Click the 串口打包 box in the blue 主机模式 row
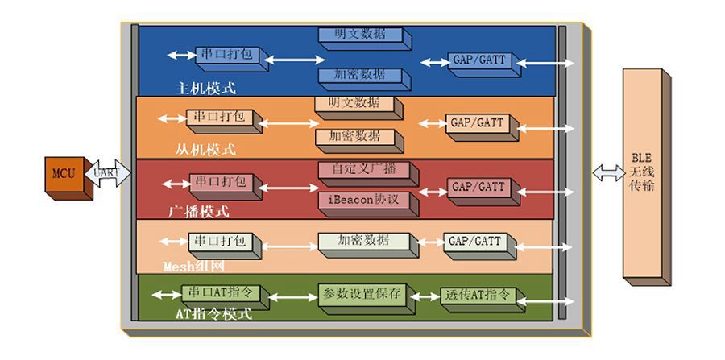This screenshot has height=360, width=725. click(x=226, y=55)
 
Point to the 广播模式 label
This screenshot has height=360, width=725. click(x=199, y=213)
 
